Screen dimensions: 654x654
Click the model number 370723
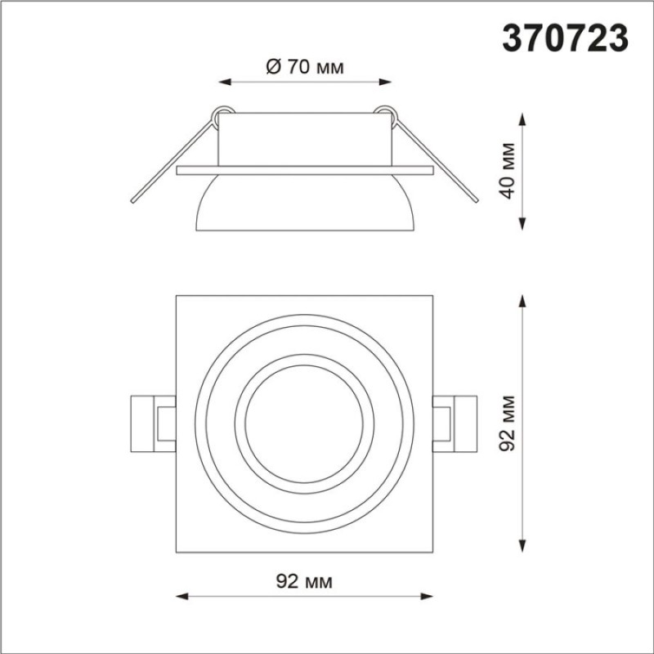tap(565, 38)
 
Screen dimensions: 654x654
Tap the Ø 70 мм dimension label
tap(305, 67)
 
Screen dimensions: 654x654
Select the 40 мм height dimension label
tap(508, 171)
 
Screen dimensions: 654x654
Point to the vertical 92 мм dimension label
tap(508, 423)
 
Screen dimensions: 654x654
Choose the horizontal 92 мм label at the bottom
tap(304, 581)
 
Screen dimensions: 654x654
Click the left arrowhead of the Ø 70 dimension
tap(226, 82)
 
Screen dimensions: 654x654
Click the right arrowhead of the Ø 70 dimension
tap(385, 82)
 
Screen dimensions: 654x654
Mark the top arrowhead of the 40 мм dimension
tap(522, 119)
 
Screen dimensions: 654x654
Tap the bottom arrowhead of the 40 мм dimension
tap(522, 223)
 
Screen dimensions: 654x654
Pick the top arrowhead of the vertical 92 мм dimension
tap(522, 302)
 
